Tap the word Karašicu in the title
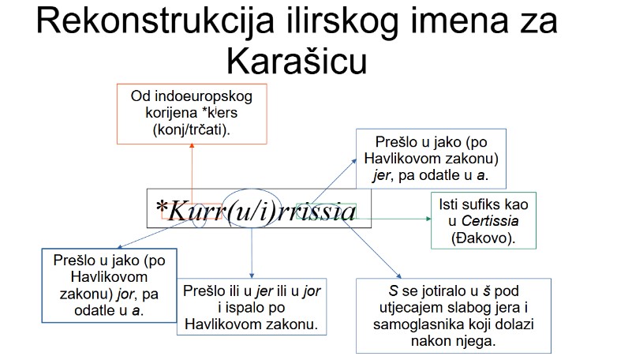click(x=299, y=61)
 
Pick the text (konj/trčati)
click(x=192, y=129)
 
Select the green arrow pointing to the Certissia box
click(x=395, y=218)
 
